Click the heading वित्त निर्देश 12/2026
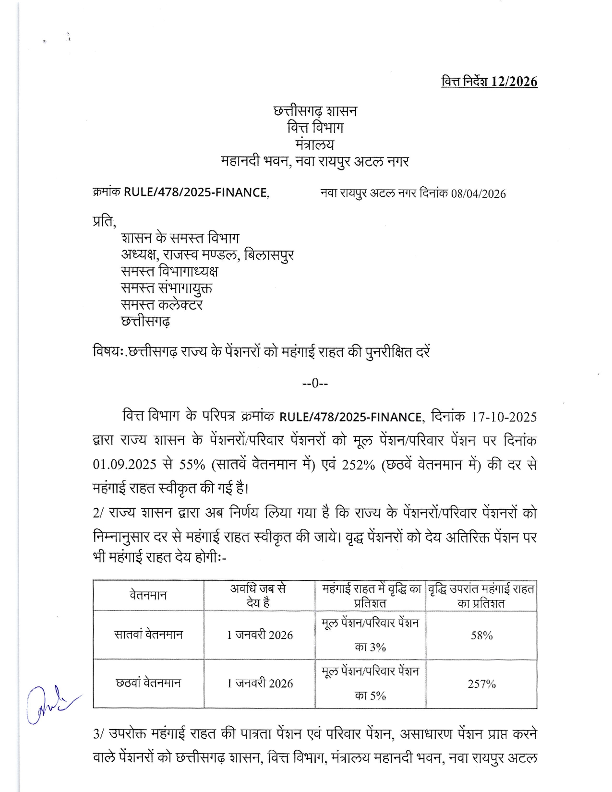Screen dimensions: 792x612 tap(489, 82)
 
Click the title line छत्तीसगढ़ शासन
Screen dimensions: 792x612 tap(315, 111)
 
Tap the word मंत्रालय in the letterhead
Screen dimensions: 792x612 tap(315, 144)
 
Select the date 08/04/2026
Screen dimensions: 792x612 tap(478, 194)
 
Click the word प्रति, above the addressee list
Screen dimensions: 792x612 tap(104, 222)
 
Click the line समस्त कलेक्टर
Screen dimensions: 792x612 tap(162, 305)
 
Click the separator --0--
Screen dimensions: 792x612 tap(315, 383)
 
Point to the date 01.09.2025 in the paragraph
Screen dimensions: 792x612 tap(124, 465)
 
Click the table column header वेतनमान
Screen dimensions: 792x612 tap(148, 596)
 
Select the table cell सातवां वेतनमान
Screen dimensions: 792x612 tap(148, 635)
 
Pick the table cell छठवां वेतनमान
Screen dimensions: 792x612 tap(148, 683)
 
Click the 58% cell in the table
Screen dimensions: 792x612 tap(481, 636)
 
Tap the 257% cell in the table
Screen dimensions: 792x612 tap(481, 684)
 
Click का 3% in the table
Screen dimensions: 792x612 tap(370, 647)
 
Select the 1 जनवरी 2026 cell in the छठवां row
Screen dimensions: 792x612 tap(260, 684)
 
